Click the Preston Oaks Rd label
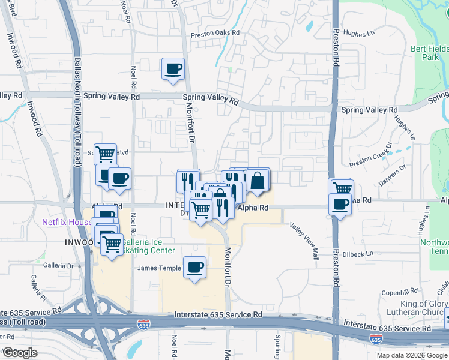pyautogui.click(x=215, y=34)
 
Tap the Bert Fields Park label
pyautogui.click(x=429, y=53)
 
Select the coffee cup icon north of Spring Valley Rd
pyautogui.click(x=173, y=68)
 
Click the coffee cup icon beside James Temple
pyautogui.click(x=194, y=267)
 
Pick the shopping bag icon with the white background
pyautogui.click(x=258, y=180)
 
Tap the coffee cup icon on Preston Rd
pyautogui.click(x=340, y=205)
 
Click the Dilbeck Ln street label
pyautogui.click(x=358, y=254)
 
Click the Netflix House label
pyautogui.click(x=66, y=222)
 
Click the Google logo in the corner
pyautogui.click(x=19, y=353)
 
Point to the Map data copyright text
pyautogui.click(x=412, y=355)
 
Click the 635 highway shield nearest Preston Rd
pyautogui.click(x=375, y=339)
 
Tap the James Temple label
pyautogui.click(x=159, y=268)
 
